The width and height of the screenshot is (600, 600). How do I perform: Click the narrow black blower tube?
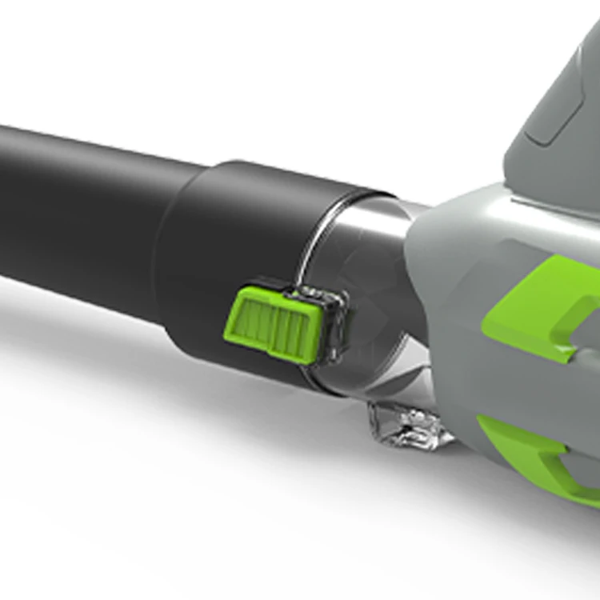[x=80, y=208]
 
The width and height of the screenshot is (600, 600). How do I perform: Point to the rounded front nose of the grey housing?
[x=424, y=264]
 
